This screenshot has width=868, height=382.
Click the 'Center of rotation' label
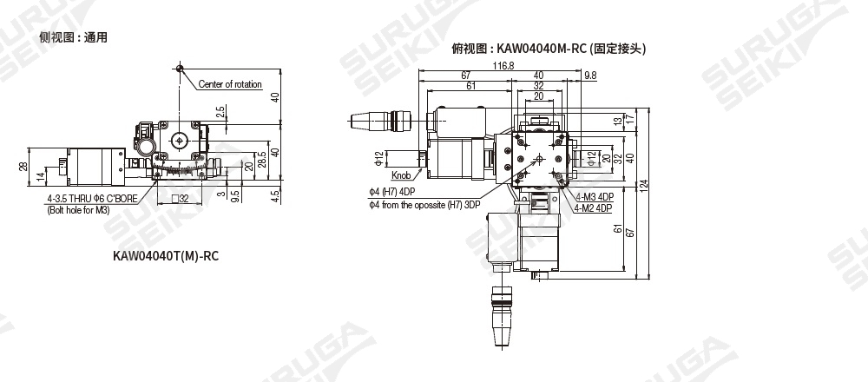[230, 84]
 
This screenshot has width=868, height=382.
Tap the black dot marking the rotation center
[179, 69]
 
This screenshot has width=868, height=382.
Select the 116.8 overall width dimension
[503, 65]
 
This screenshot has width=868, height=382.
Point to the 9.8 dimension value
[590, 76]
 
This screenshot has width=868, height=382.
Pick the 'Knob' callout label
[401, 175]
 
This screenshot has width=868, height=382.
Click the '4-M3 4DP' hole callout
[595, 198]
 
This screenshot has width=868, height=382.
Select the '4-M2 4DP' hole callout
[593, 208]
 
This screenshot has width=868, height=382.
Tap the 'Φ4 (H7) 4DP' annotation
[392, 192]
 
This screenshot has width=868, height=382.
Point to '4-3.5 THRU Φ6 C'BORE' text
[92, 200]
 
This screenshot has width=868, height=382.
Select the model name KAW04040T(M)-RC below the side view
[166, 256]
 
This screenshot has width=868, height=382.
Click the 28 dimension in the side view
[23, 166]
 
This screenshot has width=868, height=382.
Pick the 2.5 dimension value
[220, 112]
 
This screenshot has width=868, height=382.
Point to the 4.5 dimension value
[276, 196]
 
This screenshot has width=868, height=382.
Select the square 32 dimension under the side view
[181, 199]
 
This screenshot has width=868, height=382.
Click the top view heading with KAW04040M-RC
[548, 49]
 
